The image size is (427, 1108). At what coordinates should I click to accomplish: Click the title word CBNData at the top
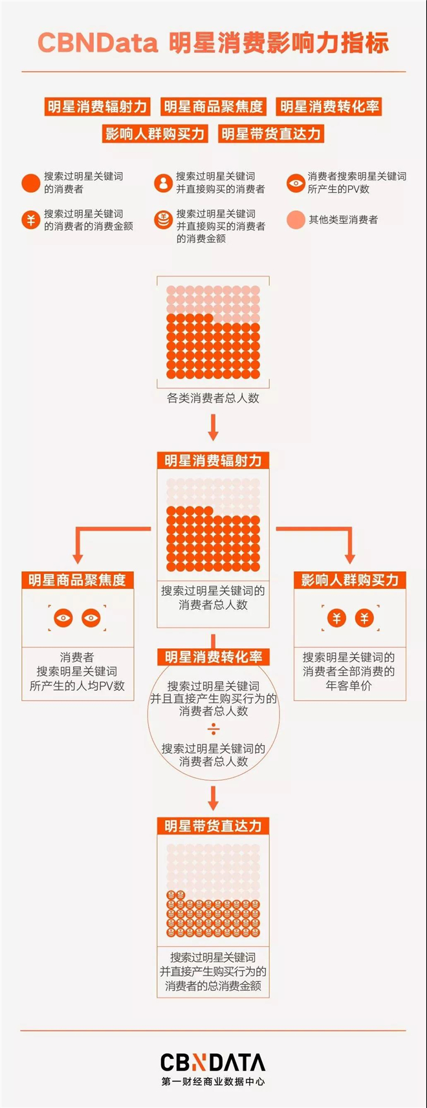pyautogui.click(x=98, y=43)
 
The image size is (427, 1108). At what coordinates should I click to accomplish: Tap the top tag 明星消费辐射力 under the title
pyautogui.click(x=98, y=106)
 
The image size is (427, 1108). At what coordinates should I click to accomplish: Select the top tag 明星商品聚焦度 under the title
pyautogui.click(x=213, y=106)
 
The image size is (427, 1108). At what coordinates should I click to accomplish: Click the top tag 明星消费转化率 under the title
pyautogui.click(x=329, y=106)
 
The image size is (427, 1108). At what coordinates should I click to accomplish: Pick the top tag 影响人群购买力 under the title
pyautogui.click(x=155, y=133)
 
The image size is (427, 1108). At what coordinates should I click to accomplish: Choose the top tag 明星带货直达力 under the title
pyautogui.click(x=271, y=133)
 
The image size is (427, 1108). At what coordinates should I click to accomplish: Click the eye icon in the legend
pyautogui.click(x=296, y=183)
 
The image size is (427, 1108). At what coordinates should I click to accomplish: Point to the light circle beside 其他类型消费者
pyautogui.click(x=296, y=220)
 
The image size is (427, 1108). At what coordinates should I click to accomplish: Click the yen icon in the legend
pyautogui.click(x=30, y=220)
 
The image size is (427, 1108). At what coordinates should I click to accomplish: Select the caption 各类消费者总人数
pyautogui.click(x=213, y=398)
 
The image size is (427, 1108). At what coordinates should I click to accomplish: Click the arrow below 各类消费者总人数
pyautogui.click(x=213, y=428)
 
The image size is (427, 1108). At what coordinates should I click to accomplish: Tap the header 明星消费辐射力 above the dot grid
pyautogui.click(x=213, y=461)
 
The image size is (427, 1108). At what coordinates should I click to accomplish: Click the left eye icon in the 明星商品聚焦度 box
pyautogui.click(x=63, y=617)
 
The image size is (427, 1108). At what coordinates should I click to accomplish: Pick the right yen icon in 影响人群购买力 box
pyautogui.click(x=364, y=617)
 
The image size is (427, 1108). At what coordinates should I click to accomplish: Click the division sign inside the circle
pyautogui.click(x=213, y=729)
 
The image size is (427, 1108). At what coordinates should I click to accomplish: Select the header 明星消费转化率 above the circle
pyautogui.click(x=213, y=657)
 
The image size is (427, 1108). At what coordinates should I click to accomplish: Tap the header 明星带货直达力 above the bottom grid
pyautogui.click(x=213, y=826)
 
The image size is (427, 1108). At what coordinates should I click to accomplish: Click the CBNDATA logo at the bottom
pyautogui.click(x=213, y=1062)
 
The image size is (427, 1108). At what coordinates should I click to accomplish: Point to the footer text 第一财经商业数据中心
pyautogui.click(x=213, y=1081)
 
